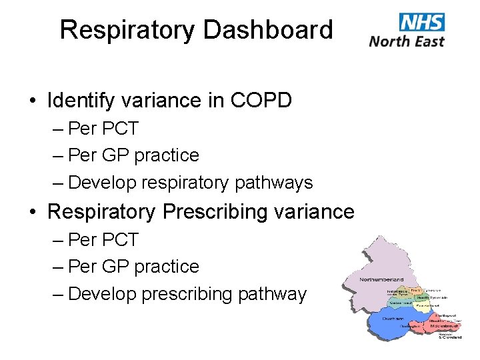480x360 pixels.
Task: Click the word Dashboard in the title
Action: pos(267,30)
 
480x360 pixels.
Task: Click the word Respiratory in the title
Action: pos(127,30)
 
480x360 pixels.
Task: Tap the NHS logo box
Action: pos(422,22)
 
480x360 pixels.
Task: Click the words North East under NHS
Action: pos(407,41)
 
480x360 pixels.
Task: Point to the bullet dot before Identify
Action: pos(33,101)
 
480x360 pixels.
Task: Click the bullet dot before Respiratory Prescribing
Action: pos(33,213)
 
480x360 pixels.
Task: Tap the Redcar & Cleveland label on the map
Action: pos(449,335)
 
